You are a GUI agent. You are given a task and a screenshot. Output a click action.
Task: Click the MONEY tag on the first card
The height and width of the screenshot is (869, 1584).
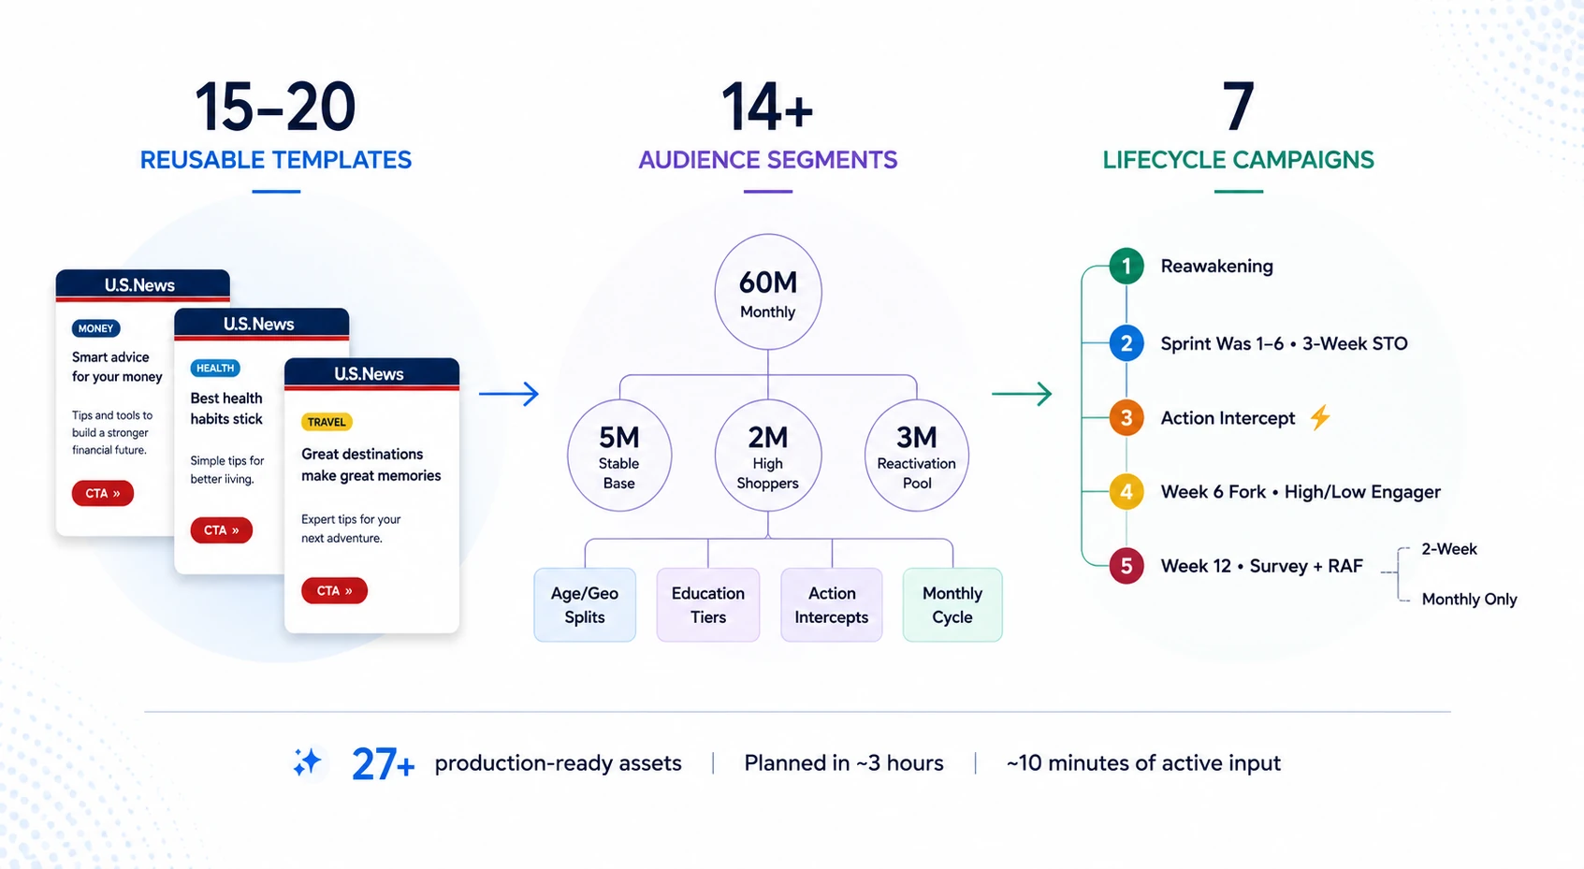(x=95, y=328)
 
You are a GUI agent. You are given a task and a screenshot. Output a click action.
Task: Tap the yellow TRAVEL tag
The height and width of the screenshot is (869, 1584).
(x=327, y=422)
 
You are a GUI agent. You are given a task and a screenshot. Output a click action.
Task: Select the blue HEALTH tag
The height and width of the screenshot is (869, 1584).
(x=215, y=368)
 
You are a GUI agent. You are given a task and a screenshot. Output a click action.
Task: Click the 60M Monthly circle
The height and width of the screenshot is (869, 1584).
(x=768, y=291)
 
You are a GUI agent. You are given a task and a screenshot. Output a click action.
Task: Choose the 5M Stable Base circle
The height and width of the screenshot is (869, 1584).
(x=618, y=456)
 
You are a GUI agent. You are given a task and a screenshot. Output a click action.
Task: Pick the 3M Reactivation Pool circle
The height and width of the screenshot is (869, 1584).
(x=917, y=456)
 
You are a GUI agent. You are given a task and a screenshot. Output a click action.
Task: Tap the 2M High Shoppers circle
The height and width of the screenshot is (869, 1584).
(x=768, y=456)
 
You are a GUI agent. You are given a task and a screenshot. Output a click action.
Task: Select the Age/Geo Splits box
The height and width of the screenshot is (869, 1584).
(x=585, y=604)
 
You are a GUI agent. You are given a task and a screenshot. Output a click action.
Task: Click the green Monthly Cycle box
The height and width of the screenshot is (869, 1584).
(x=952, y=604)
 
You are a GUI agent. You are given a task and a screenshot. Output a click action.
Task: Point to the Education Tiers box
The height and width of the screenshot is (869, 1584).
(x=708, y=604)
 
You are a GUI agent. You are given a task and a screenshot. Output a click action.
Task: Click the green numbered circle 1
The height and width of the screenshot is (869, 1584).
(x=1126, y=267)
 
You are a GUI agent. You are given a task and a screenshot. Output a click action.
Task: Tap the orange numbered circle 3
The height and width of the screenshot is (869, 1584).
(x=1126, y=418)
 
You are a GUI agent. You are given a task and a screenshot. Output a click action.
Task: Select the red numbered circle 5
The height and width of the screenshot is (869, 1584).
(x=1126, y=566)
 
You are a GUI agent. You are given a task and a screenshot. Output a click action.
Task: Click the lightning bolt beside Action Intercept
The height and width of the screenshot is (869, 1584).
(x=1319, y=417)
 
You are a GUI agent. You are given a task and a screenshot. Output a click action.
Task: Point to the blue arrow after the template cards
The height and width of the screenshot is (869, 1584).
(x=508, y=394)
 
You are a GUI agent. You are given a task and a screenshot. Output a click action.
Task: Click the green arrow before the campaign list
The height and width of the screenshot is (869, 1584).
(x=1021, y=394)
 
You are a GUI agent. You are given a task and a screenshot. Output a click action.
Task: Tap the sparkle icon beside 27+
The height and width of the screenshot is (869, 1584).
(x=308, y=762)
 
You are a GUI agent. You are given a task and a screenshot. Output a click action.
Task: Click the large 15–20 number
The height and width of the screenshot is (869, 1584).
(x=275, y=107)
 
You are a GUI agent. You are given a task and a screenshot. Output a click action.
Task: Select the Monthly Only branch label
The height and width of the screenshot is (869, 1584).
(x=1470, y=600)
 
